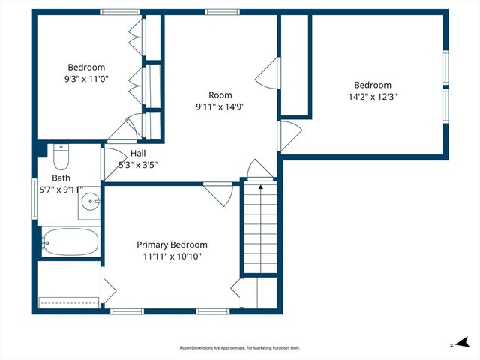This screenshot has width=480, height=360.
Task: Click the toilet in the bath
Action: (61, 157)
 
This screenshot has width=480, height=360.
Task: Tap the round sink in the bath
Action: (90, 201)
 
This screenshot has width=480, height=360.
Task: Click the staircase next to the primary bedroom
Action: (259, 229)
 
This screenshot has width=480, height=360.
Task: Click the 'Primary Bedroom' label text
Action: (172, 244)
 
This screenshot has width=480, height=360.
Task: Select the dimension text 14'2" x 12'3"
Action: (373, 97)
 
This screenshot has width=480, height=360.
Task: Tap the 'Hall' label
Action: (138, 154)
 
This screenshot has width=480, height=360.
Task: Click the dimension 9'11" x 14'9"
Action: (220, 106)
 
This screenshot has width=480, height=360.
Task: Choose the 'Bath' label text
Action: (61, 178)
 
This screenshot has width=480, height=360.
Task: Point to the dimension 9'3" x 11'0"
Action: (86, 78)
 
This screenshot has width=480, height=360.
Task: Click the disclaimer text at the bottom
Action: (239, 348)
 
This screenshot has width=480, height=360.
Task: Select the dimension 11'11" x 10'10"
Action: (172, 256)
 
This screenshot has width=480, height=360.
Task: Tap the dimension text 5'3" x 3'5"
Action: (138, 165)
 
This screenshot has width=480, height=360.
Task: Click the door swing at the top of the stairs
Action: (256, 169)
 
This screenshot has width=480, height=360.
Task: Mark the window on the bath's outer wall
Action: (34, 199)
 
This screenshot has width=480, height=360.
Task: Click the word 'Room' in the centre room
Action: (220, 94)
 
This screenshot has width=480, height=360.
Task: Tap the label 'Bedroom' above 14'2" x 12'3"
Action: (373, 85)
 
